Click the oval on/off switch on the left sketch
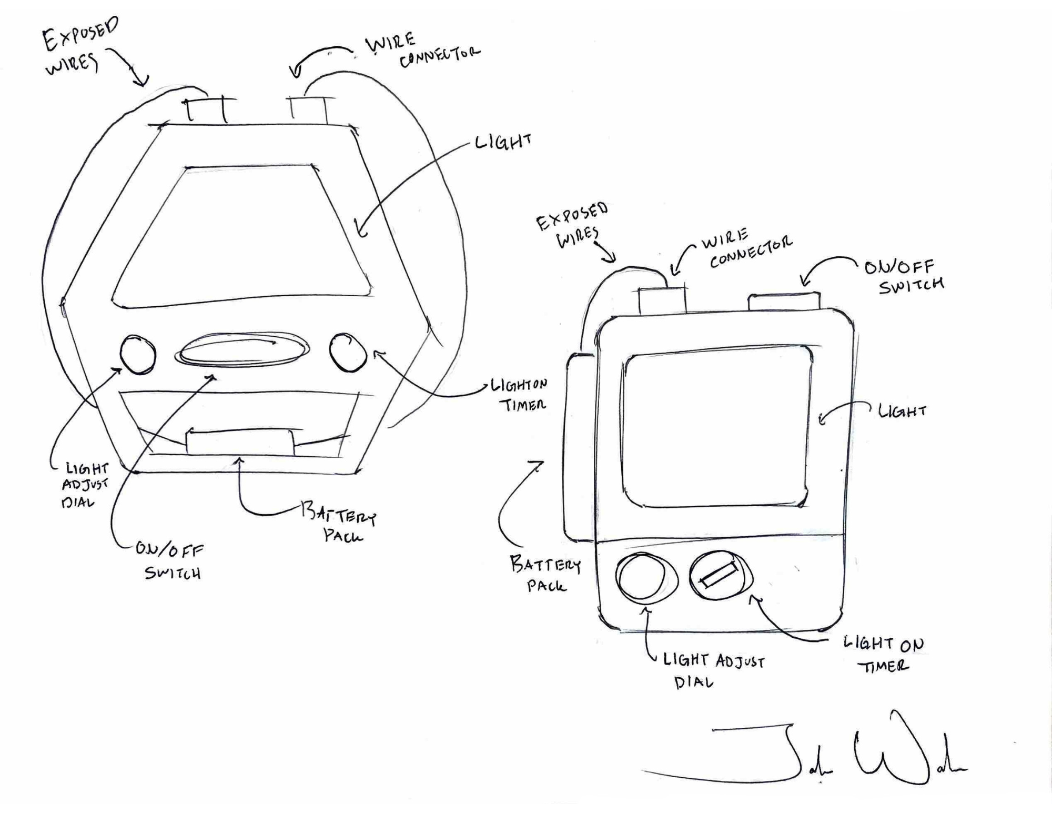coord(242,349)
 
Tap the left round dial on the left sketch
coord(138,355)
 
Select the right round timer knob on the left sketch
coord(348,352)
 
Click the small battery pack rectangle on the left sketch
coord(240,441)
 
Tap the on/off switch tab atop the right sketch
coord(784,301)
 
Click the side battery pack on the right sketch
coord(580,447)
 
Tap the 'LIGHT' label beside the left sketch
coord(503,142)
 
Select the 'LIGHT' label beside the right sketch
coord(902,411)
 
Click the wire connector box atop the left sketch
coord(309,109)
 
